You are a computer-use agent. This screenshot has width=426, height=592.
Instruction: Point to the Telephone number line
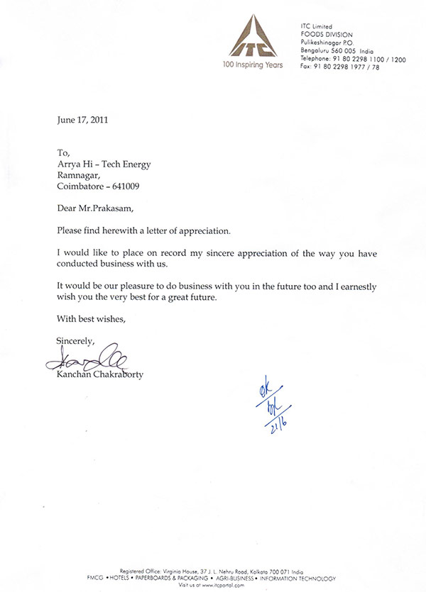pos(353,60)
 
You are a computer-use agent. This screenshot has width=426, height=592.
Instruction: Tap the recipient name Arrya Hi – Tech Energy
pos(104,163)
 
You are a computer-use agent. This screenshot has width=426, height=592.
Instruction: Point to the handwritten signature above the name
pos(84,361)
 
